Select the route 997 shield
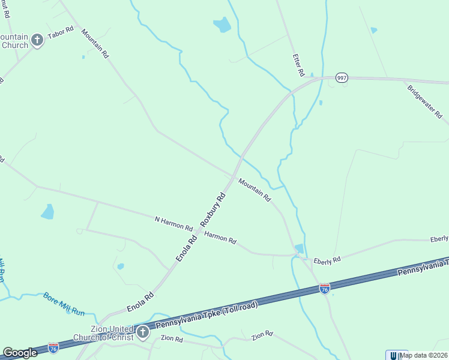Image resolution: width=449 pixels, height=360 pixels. point(342,78)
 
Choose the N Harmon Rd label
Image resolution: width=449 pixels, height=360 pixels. point(173,224)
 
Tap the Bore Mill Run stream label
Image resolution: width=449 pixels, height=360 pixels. point(64,304)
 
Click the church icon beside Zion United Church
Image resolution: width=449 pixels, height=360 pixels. point(142,332)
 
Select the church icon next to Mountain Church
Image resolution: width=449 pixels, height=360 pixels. point(37,40)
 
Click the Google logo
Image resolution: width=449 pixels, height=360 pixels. point(20,352)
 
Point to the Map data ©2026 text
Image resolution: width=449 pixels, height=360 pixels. point(423,355)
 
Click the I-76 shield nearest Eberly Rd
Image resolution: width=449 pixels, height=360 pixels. point(324,289)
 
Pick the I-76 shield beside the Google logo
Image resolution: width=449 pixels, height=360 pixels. point(53,347)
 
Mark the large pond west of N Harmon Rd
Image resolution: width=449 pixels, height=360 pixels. point(47,212)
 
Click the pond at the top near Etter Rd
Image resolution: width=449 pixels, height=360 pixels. point(222,25)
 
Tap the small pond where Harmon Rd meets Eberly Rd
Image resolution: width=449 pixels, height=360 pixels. point(299,248)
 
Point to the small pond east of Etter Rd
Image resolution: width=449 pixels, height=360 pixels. point(374,30)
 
